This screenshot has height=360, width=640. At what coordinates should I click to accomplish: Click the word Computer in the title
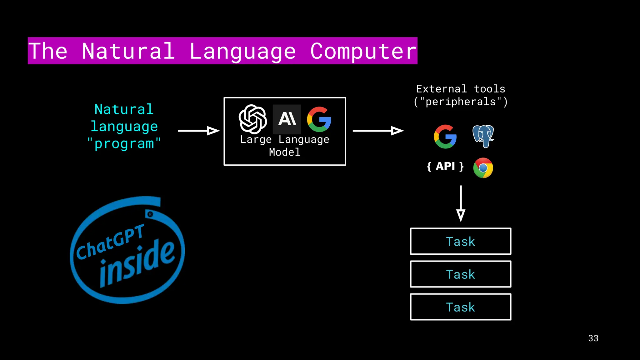(x=363, y=51)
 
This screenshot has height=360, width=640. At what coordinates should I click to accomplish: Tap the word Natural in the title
(x=128, y=51)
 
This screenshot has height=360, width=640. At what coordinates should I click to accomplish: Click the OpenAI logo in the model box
(x=253, y=119)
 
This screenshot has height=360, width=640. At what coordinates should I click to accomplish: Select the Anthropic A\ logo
(x=287, y=119)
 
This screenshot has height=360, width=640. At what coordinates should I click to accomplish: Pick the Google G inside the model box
(x=319, y=119)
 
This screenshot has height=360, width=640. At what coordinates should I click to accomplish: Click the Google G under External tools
(x=445, y=137)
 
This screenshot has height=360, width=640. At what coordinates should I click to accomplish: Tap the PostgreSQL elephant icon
(x=483, y=136)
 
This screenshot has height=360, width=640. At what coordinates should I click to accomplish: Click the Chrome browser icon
(x=483, y=168)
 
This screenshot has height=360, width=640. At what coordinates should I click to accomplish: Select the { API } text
(x=445, y=166)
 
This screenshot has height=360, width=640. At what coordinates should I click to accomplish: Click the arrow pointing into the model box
(x=199, y=131)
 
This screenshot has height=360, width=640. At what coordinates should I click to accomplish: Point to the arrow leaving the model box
(x=378, y=131)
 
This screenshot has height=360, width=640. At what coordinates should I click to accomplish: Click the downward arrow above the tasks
(x=461, y=203)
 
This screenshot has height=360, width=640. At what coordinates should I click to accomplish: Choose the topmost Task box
(x=461, y=241)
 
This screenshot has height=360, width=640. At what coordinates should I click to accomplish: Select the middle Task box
(x=461, y=274)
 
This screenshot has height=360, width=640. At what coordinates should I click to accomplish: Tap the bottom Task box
(x=461, y=307)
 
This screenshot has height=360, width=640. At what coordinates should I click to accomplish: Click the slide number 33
(x=593, y=338)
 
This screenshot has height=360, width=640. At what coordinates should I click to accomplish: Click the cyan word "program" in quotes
(x=124, y=144)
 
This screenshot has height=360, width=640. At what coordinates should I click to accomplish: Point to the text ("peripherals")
(x=461, y=102)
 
